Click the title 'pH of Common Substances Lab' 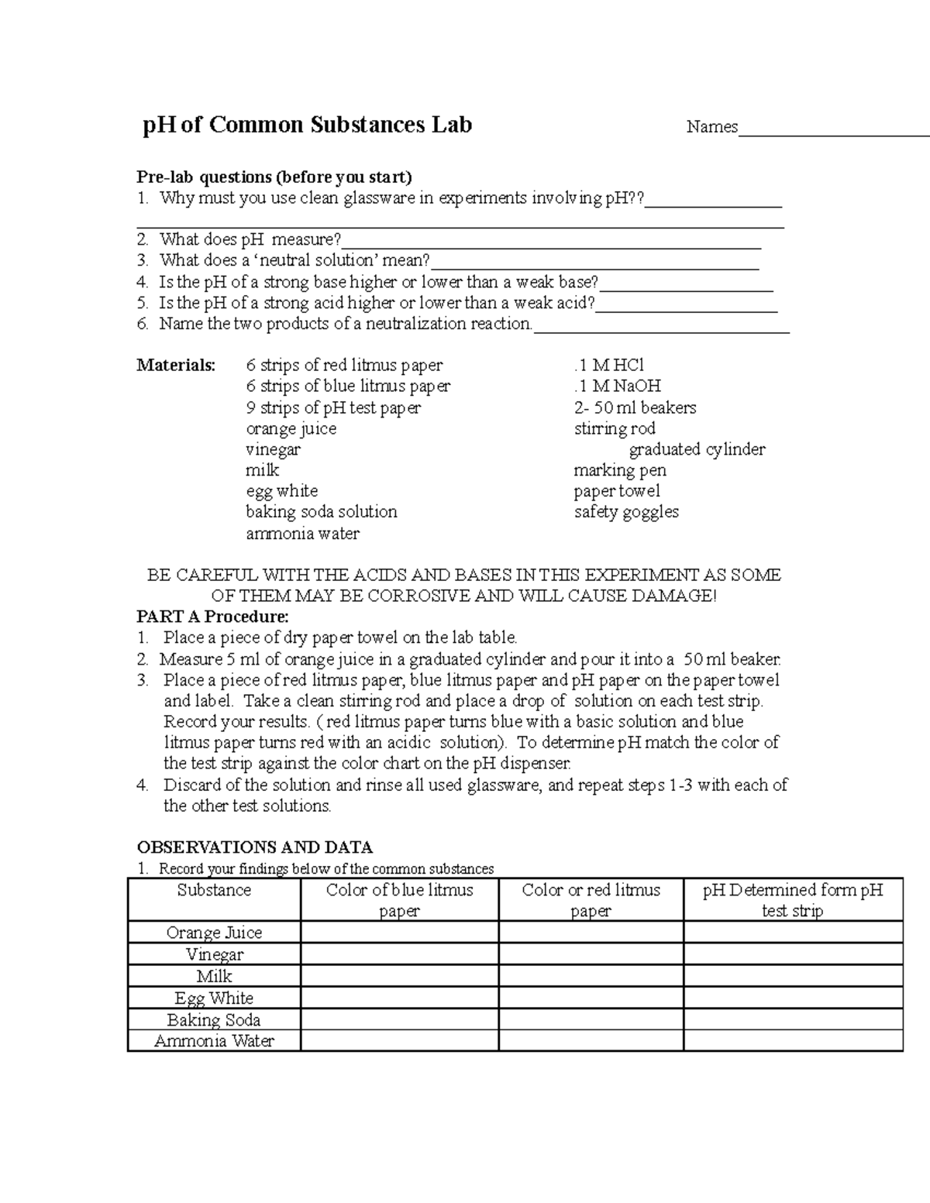point(307,125)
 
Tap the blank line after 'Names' point(833,129)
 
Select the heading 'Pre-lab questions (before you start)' point(274,177)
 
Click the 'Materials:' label point(176,365)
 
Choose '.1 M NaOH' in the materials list point(618,386)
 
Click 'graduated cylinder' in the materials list point(697,449)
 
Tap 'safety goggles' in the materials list point(626,512)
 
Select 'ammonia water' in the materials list point(302,533)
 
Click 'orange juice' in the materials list point(291,428)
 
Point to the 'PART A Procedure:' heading point(212,617)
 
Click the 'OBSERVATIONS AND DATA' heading point(254,847)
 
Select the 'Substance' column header point(214,890)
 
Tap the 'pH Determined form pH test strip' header point(793,900)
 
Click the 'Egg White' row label point(214,998)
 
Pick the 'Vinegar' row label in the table point(214,954)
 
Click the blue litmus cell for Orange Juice point(399,932)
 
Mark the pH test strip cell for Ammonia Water point(793,1040)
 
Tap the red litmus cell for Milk point(591,976)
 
